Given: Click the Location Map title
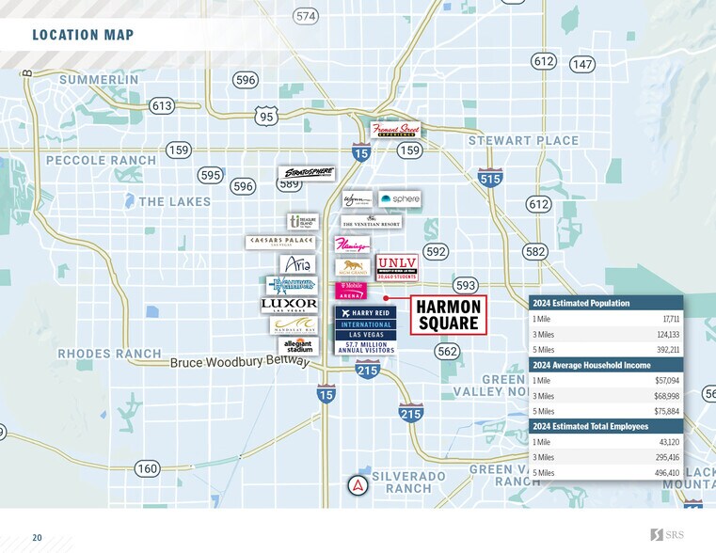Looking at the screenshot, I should click(83, 36).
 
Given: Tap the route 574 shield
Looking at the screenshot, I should click(306, 16).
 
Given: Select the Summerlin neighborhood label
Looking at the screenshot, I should click(99, 80).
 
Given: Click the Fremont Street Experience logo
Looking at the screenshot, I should click(395, 130).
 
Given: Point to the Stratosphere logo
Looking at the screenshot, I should click(307, 173).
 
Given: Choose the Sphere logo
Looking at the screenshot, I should click(399, 199).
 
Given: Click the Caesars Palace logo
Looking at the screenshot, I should click(279, 242).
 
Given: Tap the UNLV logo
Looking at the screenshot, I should click(397, 265).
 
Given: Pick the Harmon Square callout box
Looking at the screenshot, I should click(449, 315).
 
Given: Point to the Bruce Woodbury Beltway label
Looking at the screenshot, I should click(239, 362).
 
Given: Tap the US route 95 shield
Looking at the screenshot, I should click(266, 116).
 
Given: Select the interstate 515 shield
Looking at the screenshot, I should click(490, 178).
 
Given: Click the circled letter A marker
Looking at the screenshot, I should click(358, 485).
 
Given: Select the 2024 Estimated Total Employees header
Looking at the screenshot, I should click(591, 426).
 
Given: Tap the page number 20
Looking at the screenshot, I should click(37, 538).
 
